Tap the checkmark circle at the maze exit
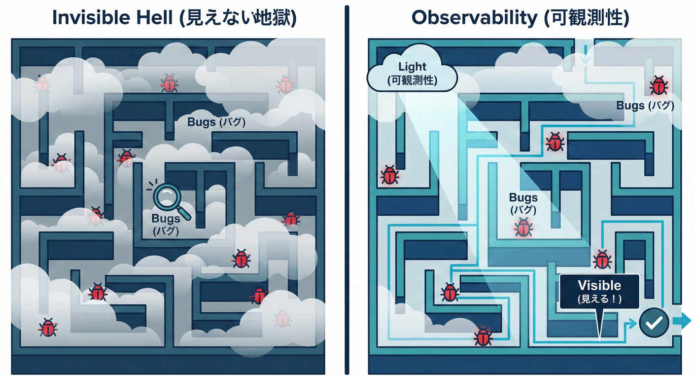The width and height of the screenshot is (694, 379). [x=654, y=323]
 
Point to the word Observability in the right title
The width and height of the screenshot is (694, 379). [x=474, y=18]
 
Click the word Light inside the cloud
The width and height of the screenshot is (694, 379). [x=412, y=66]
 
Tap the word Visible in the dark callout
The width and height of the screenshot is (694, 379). [x=599, y=285]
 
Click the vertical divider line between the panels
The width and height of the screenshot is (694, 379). [x=347, y=190]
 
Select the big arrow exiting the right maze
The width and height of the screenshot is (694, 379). [x=682, y=321]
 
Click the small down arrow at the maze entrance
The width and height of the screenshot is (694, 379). [x=586, y=55]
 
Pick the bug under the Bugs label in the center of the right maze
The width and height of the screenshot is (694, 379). [x=523, y=227]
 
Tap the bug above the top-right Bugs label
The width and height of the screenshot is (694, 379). [x=659, y=85]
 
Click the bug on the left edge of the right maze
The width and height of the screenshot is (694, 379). [x=389, y=175]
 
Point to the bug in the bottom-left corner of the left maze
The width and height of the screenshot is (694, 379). [x=48, y=327]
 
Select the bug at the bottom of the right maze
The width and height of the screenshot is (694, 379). [x=483, y=336]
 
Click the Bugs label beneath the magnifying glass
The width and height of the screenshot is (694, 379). [x=166, y=224]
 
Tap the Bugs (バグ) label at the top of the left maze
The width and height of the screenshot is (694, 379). [x=216, y=122]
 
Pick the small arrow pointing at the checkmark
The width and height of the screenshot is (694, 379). [x=631, y=324]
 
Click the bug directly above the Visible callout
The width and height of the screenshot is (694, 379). [x=602, y=259]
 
